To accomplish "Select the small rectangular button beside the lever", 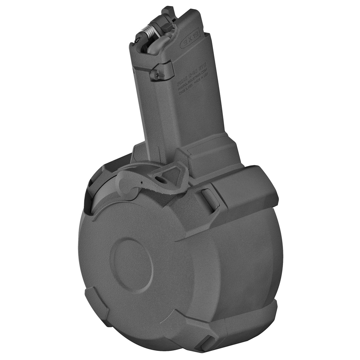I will [210, 199].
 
